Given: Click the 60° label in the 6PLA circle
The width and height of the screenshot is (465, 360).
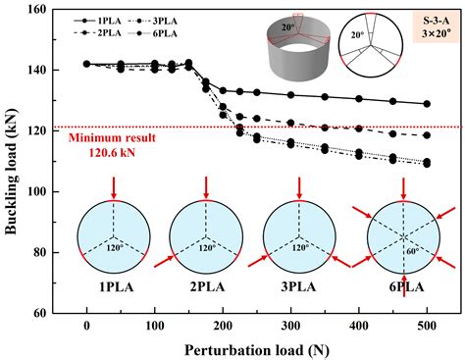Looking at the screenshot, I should (x=406, y=250).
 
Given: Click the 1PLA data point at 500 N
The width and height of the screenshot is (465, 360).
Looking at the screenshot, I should (x=426, y=104).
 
